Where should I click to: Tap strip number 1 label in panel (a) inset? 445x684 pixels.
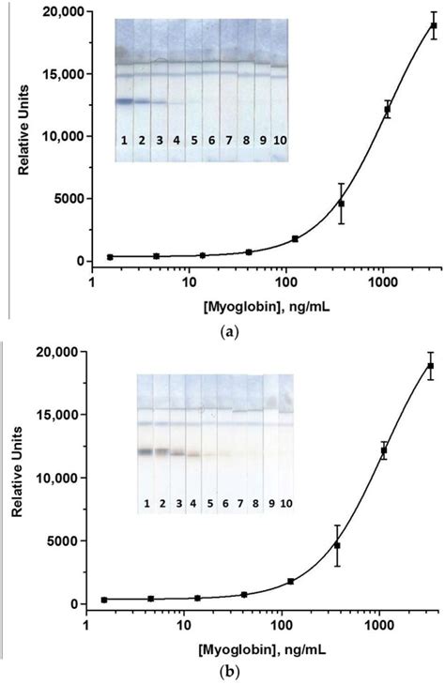click(123, 140)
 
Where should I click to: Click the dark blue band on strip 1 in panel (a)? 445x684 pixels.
click(123, 99)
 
